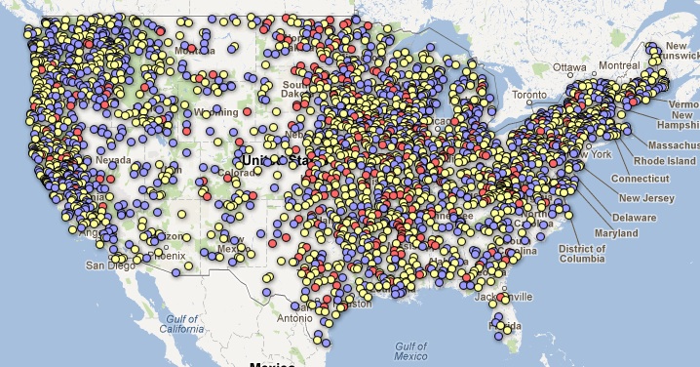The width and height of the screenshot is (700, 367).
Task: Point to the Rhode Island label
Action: tap(664, 160)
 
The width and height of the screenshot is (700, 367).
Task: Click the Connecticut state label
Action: tap(641, 179)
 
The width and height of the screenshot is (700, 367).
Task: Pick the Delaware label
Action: tap(634, 217)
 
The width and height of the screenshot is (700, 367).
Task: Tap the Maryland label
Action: tap(615, 233)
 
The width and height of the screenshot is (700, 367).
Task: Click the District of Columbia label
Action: tap(582, 255)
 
